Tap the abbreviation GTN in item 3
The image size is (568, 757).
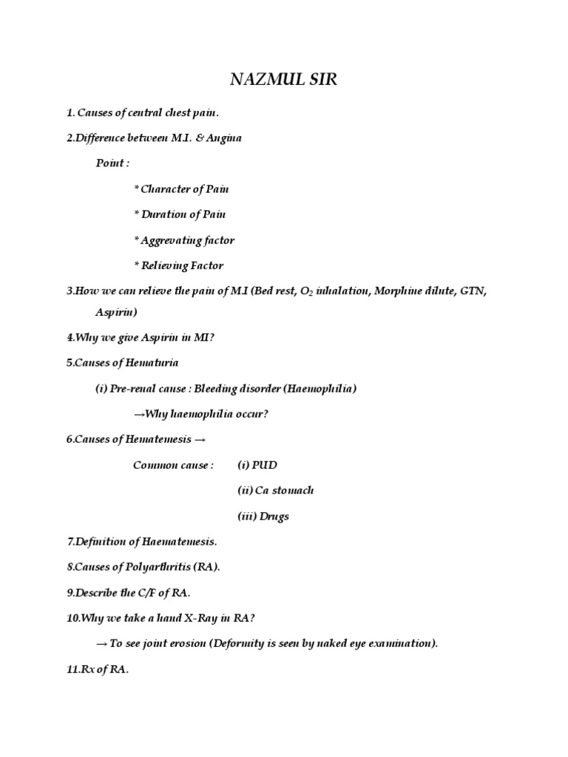tap(470, 291)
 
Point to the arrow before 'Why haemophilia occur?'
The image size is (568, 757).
tap(138, 414)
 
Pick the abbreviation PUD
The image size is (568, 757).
tap(264, 465)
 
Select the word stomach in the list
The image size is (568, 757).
tap(290, 491)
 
